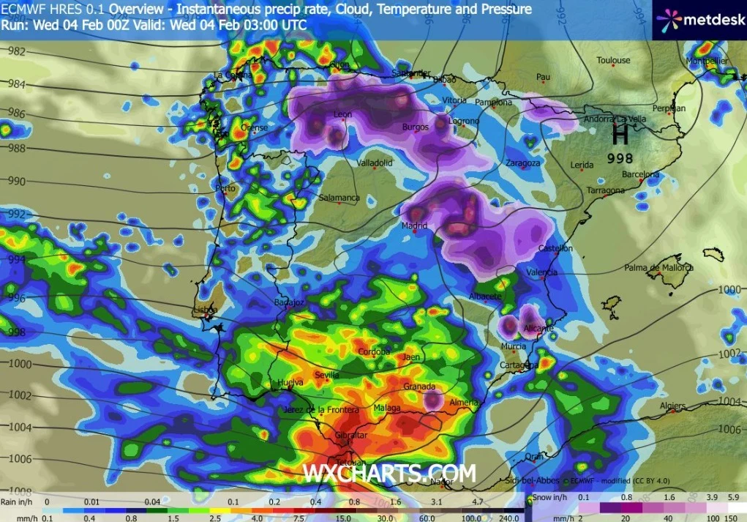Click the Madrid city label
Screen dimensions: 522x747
point(413,225)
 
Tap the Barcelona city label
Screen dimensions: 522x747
point(640,174)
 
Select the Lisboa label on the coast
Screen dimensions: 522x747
point(205,309)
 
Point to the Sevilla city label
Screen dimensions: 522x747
point(326,375)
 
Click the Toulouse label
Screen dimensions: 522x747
point(613,60)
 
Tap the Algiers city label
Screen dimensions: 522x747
point(672,406)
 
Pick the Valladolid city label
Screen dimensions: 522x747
point(375,163)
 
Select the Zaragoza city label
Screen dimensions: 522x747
point(522,163)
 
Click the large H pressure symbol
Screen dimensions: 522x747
point(620,134)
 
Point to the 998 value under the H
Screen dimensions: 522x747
point(620,157)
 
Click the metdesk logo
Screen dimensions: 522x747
point(700,20)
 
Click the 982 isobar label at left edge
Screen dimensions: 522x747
point(16,51)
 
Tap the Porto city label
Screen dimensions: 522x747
point(225,188)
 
